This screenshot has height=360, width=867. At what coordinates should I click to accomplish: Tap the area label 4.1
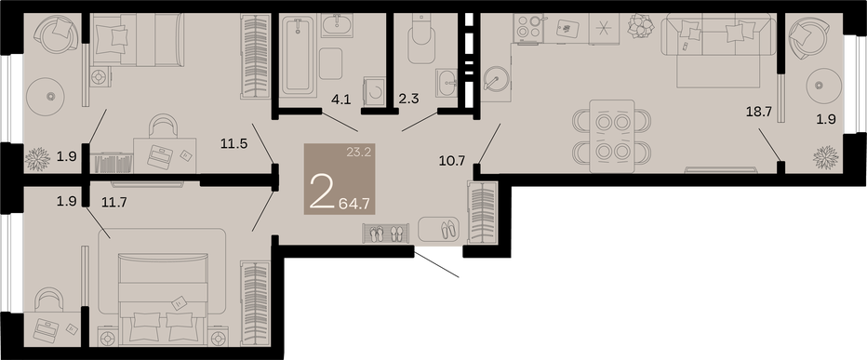point(340,100)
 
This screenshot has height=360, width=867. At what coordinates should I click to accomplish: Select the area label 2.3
point(409,100)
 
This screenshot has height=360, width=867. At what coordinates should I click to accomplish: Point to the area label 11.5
point(233,145)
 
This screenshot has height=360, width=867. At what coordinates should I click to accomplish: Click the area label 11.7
point(114,202)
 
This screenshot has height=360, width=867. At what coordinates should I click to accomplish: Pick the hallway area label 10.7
point(453,161)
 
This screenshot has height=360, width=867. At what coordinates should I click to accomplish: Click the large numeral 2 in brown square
point(322,191)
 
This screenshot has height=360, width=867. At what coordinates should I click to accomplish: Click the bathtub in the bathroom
point(298,56)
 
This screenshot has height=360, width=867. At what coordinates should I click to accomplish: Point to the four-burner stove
point(528,28)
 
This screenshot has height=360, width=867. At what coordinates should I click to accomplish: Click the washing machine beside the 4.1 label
point(374,92)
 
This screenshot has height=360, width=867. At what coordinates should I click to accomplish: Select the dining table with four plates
point(613,136)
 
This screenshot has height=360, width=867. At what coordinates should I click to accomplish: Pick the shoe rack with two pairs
point(386,233)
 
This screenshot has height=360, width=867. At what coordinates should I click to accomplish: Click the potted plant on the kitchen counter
point(641,25)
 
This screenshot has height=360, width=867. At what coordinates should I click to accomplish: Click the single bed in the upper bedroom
point(138,40)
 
